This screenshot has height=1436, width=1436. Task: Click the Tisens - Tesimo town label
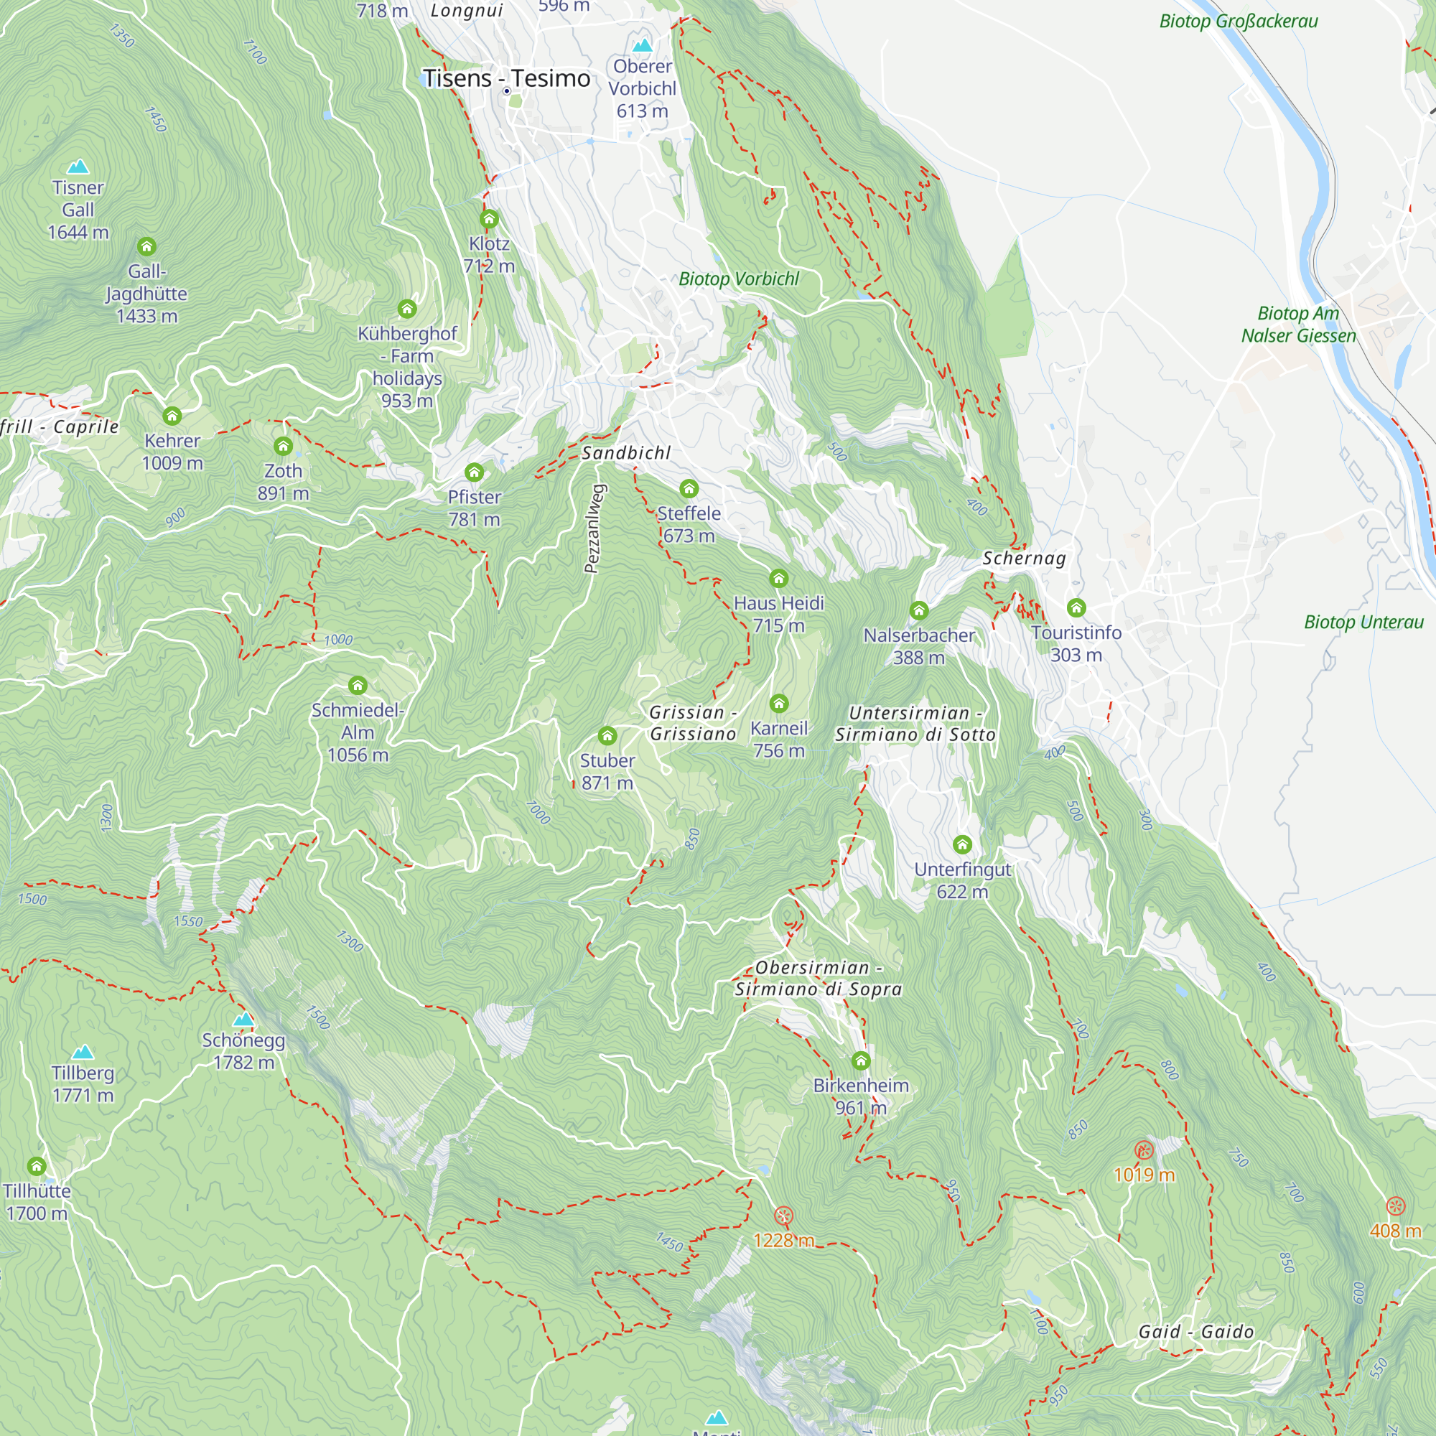[x=506, y=78]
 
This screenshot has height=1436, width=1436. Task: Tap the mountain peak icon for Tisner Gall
[x=78, y=167]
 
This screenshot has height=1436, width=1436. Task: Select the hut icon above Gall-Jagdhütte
[x=146, y=246]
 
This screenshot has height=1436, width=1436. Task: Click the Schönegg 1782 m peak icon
[x=243, y=1019]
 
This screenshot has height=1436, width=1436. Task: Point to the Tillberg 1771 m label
[x=83, y=1083]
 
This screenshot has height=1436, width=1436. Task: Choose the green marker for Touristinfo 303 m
[x=1076, y=608]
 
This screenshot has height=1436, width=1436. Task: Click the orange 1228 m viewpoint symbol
[x=783, y=1216]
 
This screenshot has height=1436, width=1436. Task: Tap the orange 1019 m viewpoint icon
[x=1144, y=1150]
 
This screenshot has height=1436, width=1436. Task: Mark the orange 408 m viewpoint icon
[x=1395, y=1206]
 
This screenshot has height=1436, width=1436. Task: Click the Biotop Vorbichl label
[x=738, y=279]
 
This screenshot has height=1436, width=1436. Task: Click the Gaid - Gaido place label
[x=1195, y=1331]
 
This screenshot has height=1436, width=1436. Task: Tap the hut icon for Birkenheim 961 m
[x=861, y=1060]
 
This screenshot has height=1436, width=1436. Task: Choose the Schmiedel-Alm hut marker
[x=358, y=684]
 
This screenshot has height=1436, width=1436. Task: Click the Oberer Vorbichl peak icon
[x=642, y=45]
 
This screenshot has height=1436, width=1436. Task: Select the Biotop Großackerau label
[x=1239, y=21]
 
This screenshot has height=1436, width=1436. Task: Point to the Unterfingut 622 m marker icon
[x=962, y=844]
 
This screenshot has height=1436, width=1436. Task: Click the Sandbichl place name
[x=626, y=452]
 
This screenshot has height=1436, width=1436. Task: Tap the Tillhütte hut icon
[x=37, y=1165]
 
